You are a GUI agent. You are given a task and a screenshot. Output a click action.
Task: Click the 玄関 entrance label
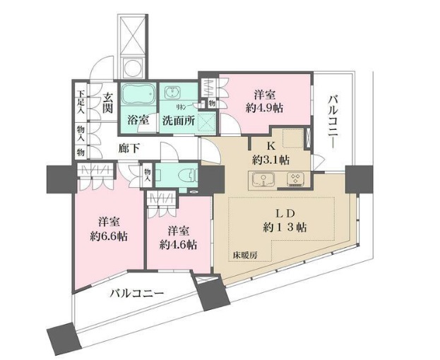[107, 103]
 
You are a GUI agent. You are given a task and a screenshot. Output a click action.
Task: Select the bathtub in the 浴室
[138, 95]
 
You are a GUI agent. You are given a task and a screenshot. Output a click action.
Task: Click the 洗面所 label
[177, 119]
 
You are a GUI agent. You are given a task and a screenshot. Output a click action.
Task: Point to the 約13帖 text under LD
[280, 227]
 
